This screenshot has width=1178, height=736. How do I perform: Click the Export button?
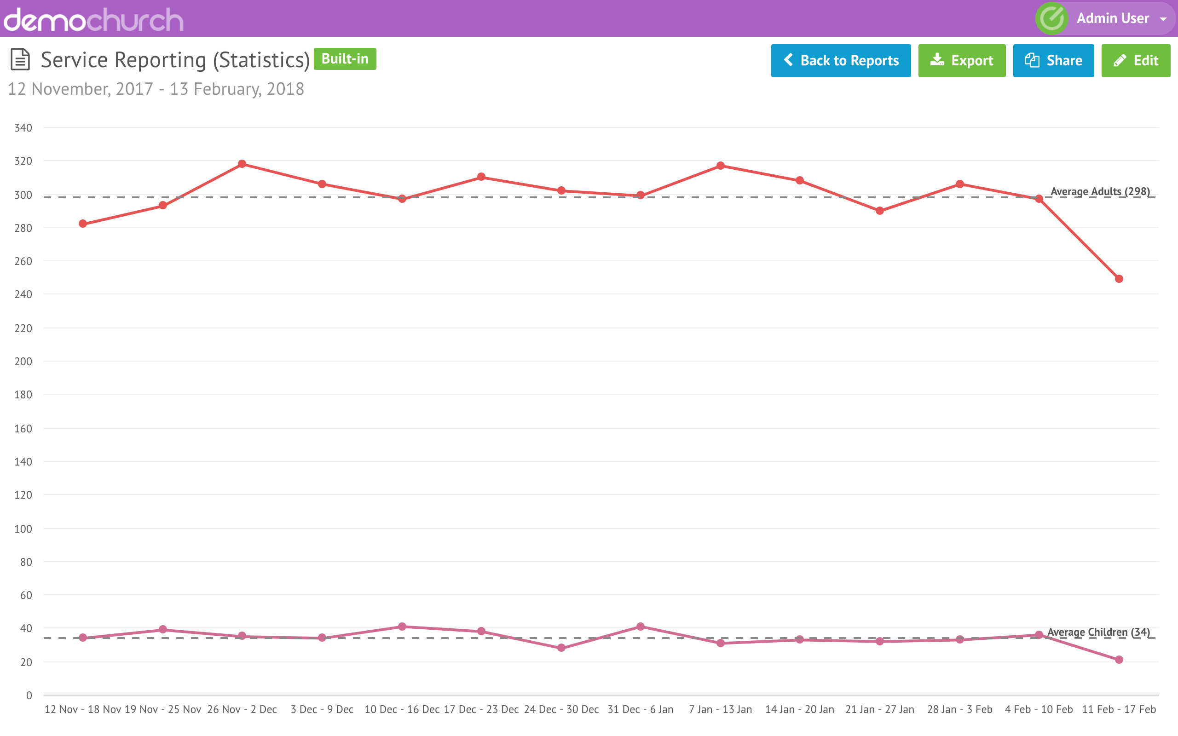(961, 60)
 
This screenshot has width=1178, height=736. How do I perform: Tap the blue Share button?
(1053, 60)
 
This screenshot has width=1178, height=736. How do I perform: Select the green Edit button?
(1135, 60)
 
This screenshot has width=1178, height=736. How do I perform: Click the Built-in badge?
(345, 59)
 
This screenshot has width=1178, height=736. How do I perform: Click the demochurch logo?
(93, 19)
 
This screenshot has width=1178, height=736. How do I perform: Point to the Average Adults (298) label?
(1100, 191)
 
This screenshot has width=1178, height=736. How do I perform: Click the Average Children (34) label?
(1098, 632)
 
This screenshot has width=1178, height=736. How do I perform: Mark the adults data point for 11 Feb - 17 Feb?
(1119, 279)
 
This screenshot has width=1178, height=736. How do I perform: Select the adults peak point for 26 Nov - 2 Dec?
(242, 164)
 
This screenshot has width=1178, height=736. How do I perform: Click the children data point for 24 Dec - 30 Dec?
(561, 648)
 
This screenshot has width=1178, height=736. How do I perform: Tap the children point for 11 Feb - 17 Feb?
(1119, 660)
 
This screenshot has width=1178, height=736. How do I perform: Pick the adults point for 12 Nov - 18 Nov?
(83, 224)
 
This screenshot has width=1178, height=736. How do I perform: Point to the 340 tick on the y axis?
(23, 128)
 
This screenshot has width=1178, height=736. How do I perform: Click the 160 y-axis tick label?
(23, 428)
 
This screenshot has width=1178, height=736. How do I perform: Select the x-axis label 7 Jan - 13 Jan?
(720, 709)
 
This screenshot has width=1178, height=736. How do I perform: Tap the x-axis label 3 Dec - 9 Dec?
(322, 709)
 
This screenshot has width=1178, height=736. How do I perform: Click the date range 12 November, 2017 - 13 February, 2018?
(156, 89)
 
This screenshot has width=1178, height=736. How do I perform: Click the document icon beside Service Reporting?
(20, 59)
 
